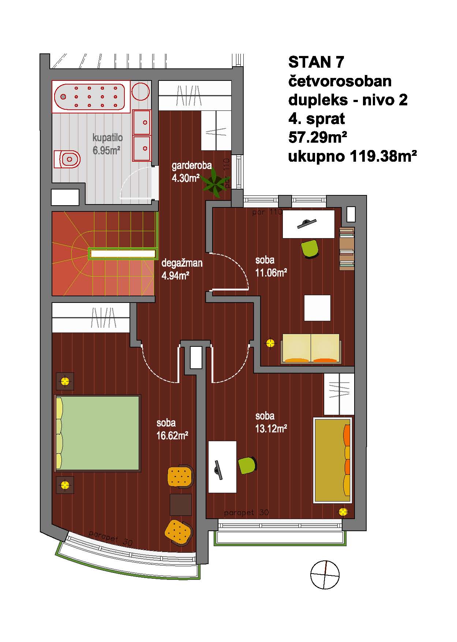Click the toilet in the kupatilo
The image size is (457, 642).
tap(67, 159)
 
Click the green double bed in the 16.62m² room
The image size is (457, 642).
tap(98, 433)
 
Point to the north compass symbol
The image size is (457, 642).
tap(325, 575)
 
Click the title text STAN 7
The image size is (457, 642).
tap(316, 62)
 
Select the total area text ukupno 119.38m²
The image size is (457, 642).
tap(353, 157)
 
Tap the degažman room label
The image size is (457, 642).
tap(182, 263)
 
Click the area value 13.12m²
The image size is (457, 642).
tap(271, 428)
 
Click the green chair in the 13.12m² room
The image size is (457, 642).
tap(247, 465)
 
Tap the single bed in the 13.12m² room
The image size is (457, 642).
tap(333, 460)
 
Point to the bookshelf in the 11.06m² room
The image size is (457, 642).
tap(347, 249)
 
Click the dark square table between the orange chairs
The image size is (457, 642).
tap(181, 504)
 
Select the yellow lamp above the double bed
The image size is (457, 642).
tap(65, 382)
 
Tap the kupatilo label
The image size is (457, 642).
tap(108, 138)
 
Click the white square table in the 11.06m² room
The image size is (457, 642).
tap(318, 308)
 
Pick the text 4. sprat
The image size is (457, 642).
tap(317, 119)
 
